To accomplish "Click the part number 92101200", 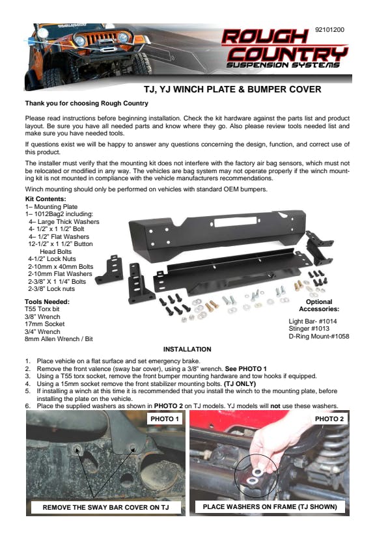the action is coord(329,29).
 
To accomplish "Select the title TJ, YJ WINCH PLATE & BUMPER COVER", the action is coord(232,89).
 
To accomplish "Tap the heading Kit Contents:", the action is coord(46,199).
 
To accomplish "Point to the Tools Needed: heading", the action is coord(47,302).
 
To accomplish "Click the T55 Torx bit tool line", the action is coord(42,309).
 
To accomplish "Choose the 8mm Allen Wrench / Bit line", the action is coord(59,339).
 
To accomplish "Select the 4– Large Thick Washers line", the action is coord(64,222).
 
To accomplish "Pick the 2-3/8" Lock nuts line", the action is coord(51,289).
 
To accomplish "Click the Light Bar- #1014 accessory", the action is coord(312,322).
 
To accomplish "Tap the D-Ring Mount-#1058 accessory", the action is coord(319,336).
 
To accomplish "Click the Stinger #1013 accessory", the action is coord(309,329).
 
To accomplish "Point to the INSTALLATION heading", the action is coord(187,350).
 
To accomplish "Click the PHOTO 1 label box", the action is coord(165,419).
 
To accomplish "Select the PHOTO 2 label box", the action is coord(329,419).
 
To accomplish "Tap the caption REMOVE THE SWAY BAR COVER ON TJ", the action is coord(106,507).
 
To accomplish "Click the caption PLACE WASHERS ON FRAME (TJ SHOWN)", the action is coord(270,506).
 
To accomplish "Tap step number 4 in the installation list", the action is coord(27,383).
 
